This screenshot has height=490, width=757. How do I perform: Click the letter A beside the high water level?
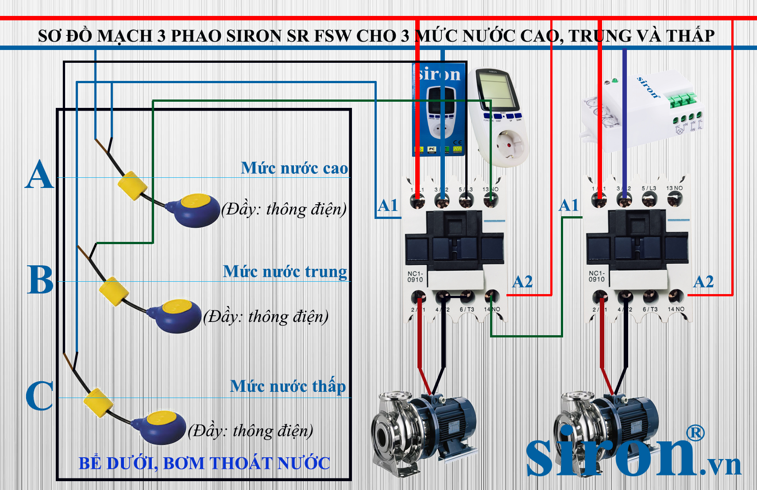pos(39,175)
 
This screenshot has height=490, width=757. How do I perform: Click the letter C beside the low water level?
pos(39,395)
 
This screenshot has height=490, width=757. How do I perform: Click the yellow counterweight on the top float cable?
pos(132,186)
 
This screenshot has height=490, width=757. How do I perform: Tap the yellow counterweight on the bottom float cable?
pos(98,402)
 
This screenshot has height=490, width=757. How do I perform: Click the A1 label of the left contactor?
pos(388,206)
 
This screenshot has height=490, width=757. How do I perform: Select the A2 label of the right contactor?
pos(703,282)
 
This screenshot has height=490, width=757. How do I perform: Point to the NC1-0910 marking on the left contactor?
pos(415,277)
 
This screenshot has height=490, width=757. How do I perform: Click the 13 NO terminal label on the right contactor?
pos(674,188)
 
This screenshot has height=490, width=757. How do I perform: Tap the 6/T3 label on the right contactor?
pos(650,310)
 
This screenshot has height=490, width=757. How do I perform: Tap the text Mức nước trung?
pos(285,272)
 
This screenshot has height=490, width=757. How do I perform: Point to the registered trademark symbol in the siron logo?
pos(695,433)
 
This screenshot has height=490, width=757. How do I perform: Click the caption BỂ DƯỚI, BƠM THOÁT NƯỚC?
pos(204,463)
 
